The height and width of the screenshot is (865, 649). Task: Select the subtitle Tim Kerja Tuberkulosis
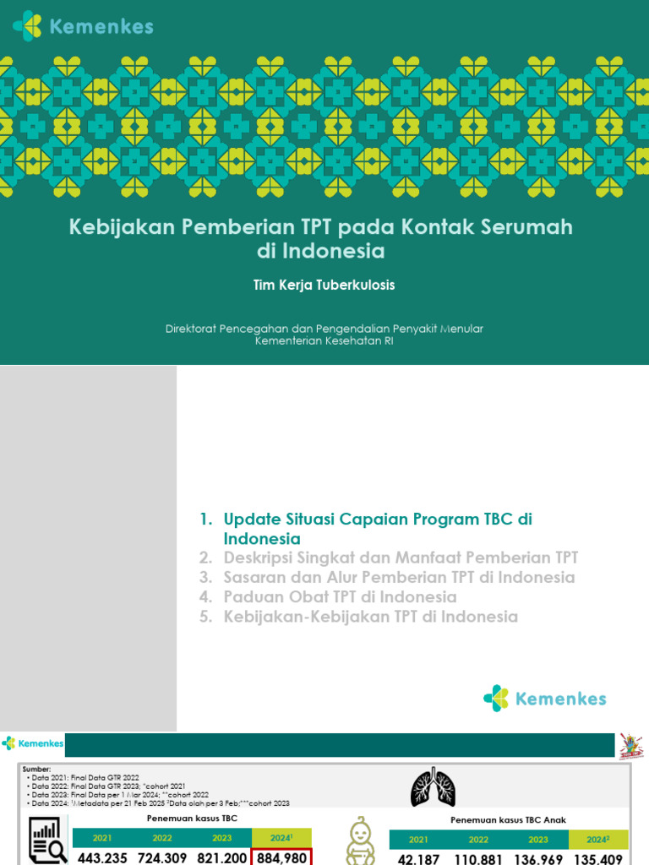click(x=324, y=286)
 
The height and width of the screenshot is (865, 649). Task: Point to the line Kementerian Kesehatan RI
click(x=324, y=340)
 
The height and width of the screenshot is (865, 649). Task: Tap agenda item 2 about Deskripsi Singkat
click(x=401, y=558)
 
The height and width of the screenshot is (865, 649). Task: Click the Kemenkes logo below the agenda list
click(x=545, y=699)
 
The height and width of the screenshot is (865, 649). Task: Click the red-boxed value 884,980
click(x=282, y=857)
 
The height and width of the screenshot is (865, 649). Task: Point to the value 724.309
click(x=163, y=857)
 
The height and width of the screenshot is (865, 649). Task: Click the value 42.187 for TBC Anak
click(x=417, y=857)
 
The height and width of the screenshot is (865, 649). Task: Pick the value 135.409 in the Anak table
click(x=598, y=857)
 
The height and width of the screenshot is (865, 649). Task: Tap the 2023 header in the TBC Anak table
click(x=538, y=840)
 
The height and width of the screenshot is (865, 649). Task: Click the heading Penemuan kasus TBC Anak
click(x=509, y=819)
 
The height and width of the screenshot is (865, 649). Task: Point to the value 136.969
click(x=539, y=857)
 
